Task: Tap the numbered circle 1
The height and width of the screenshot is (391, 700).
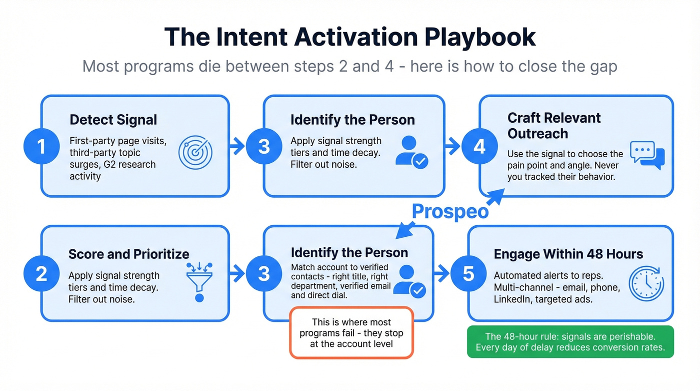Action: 41,146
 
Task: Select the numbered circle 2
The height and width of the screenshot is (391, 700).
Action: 41,274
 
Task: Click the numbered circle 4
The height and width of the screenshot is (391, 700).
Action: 479,147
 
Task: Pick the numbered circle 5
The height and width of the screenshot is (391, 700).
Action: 468,274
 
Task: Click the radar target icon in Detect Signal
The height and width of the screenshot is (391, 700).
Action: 195,152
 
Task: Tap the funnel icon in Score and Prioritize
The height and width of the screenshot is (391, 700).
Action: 199,281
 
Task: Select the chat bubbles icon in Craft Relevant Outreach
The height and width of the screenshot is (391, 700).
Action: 647,155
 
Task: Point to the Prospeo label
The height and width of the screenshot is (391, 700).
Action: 450,211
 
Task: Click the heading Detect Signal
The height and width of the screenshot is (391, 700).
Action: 113,120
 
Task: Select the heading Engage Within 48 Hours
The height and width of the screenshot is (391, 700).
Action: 568,254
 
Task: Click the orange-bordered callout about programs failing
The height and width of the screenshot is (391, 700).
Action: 351,333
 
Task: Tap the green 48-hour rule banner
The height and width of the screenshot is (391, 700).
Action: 570,341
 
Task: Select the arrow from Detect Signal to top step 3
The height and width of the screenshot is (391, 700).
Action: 236,147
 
